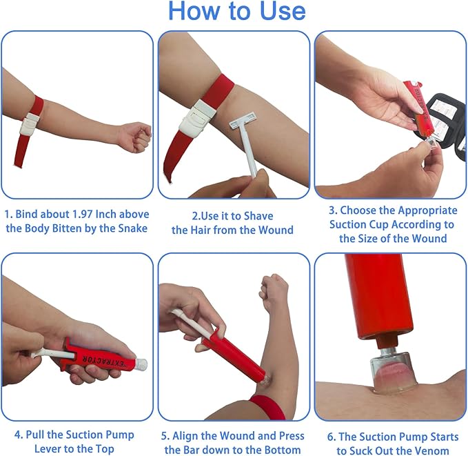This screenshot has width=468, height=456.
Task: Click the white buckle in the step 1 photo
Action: pyautogui.click(x=30, y=123)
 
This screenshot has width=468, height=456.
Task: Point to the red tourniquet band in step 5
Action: pyautogui.click(x=268, y=408)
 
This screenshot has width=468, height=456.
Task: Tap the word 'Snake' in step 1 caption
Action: pyautogui.click(x=131, y=228)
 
